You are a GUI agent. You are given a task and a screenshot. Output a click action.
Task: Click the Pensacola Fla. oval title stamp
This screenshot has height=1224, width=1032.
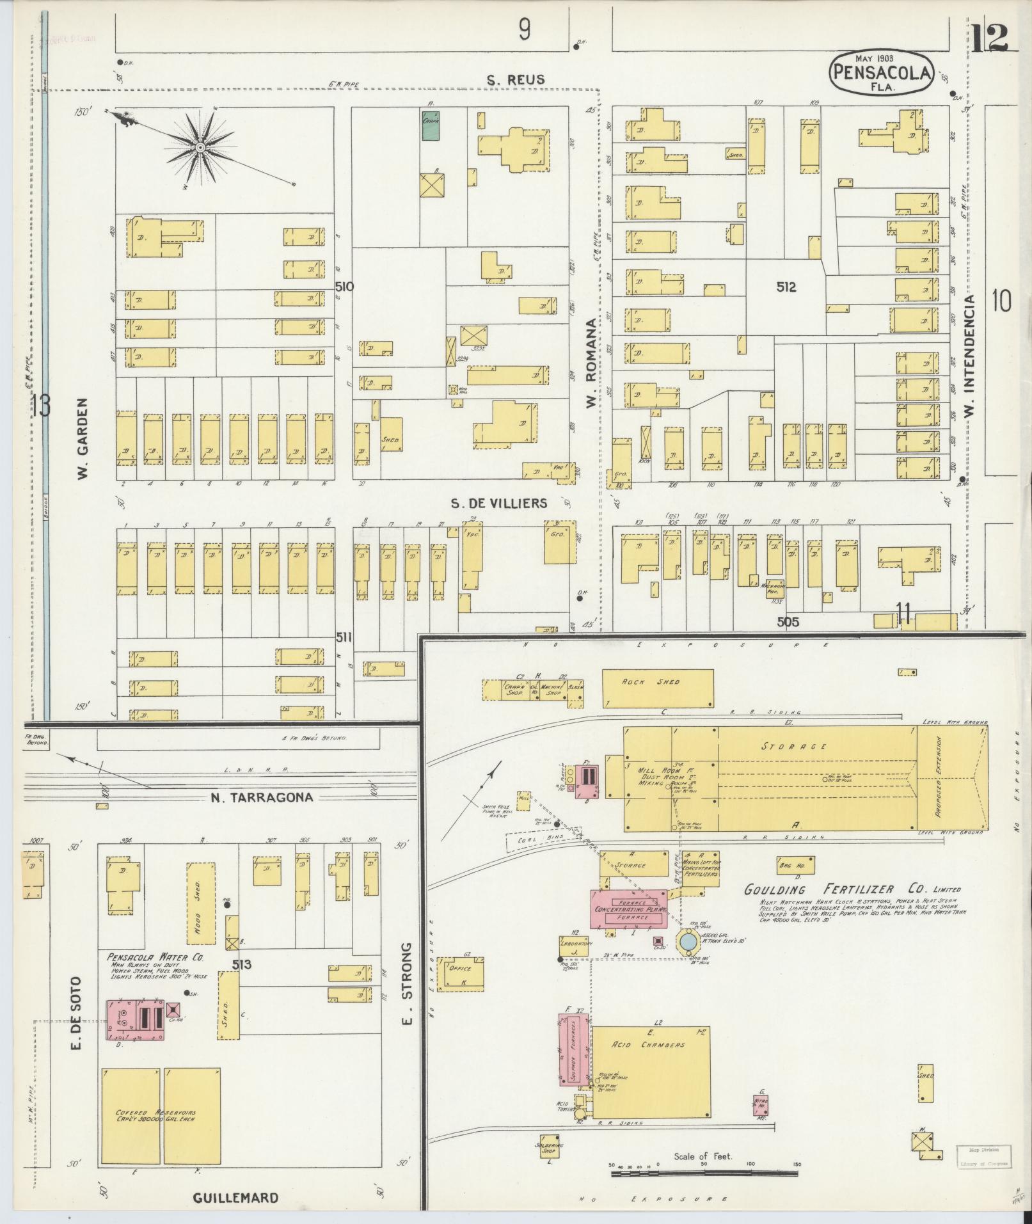tap(882, 72)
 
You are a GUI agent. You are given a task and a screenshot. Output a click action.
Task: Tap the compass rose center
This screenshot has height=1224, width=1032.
tap(200, 148)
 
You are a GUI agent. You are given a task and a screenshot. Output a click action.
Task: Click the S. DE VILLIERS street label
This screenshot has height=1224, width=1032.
tap(499, 503)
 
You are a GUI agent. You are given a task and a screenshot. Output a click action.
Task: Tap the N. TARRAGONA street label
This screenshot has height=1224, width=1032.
tap(262, 797)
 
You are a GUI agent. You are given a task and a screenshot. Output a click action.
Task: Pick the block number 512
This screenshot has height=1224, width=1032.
tap(786, 287)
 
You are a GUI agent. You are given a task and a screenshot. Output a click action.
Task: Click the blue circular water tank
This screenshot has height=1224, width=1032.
tap(688, 942)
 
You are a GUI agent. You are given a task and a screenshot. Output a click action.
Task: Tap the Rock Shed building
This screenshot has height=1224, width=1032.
tap(658, 688)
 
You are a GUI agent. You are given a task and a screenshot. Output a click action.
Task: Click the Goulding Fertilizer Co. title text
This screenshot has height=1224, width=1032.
tap(851, 889)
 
